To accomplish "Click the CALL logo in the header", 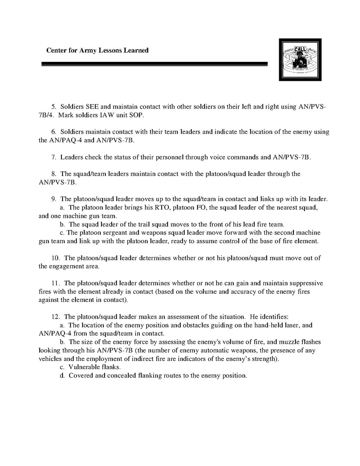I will (300, 60).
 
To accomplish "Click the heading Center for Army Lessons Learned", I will (97, 50).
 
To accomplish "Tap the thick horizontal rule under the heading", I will (154, 64).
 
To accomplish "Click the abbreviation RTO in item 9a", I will (159, 207).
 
